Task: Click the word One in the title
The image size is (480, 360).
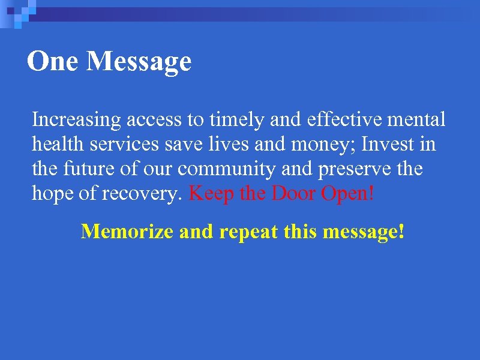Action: point(52,61)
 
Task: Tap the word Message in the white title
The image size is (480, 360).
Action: point(139,62)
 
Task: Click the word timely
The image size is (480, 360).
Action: point(236,120)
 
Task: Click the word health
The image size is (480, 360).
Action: point(55,145)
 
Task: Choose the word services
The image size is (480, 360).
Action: point(121,145)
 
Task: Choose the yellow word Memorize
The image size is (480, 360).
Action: point(127,231)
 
